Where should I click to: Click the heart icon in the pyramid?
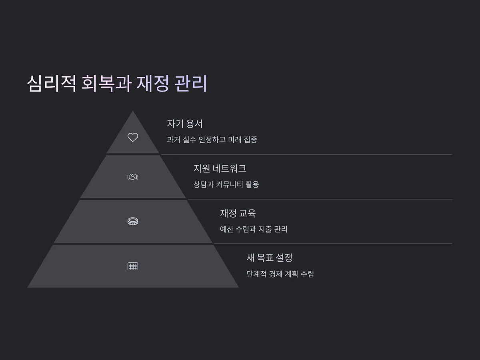[133, 137]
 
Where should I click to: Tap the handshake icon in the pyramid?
[133, 177]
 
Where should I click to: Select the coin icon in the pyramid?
[133, 221]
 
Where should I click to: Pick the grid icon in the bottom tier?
[133, 266]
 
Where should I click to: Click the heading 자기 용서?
[185, 124]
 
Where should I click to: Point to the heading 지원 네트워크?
[220, 168]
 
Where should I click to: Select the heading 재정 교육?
[238, 213]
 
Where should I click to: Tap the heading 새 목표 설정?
[270, 258]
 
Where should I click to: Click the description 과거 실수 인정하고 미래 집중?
[212, 140]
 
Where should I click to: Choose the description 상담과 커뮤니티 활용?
[226, 184]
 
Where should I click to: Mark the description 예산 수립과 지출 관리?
[254, 229]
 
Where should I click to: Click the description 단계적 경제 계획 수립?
[280, 274]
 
